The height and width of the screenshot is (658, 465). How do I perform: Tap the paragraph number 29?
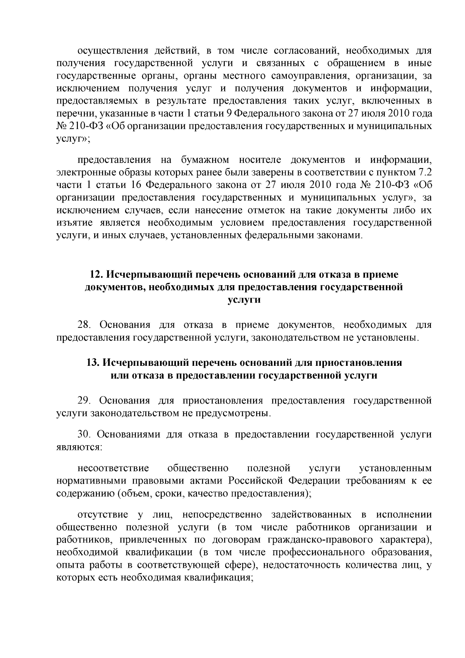[x=84, y=401]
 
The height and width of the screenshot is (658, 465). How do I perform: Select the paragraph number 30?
[x=84, y=434]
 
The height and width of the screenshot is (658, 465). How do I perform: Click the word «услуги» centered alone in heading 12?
[x=244, y=300]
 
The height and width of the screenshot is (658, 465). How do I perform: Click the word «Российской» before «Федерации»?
[x=255, y=481]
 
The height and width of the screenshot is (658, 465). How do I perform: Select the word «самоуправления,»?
[x=294, y=76]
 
